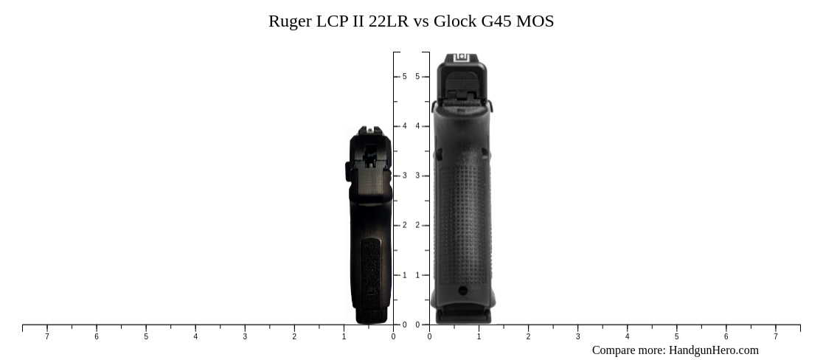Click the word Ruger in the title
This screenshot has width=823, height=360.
coord(290,21)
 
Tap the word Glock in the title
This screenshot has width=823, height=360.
coord(454,21)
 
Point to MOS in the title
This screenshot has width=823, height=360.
coord(535,21)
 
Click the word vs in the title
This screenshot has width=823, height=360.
coord(421,21)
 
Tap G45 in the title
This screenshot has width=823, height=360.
coord(496,21)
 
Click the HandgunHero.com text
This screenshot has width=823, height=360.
coord(713,350)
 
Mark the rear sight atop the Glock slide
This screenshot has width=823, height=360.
coord(462,58)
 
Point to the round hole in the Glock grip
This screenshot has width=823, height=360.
coord(462,291)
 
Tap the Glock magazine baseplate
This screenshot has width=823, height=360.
coord(462,316)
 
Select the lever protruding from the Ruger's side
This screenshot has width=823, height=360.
coord(347,171)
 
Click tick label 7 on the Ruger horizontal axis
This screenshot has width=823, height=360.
coord(47,337)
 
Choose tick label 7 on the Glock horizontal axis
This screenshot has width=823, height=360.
coord(775,337)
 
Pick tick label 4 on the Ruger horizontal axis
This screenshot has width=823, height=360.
coord(195,337)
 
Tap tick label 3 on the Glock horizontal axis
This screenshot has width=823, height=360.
coord(577,337)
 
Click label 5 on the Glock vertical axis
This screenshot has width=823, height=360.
coord(417,77)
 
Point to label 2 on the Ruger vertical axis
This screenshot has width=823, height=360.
coord(405,226)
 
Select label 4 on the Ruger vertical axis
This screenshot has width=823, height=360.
coord(405,126)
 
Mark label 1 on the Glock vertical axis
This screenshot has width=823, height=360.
coord(417,275)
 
